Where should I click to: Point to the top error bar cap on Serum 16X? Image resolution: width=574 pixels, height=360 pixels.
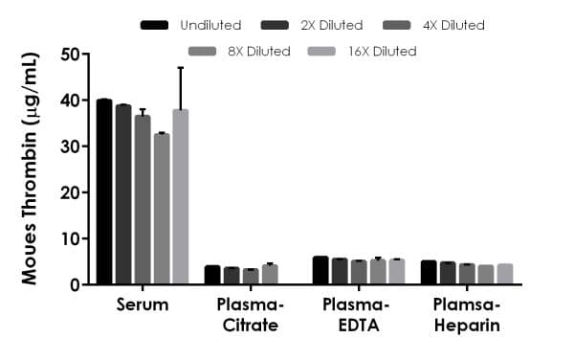[180, 68]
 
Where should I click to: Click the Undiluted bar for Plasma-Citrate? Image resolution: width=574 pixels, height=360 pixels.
[212, 275]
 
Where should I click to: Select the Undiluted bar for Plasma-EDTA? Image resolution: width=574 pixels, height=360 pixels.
[320, 270]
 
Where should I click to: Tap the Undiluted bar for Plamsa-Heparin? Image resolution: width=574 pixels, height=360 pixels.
[429, 272]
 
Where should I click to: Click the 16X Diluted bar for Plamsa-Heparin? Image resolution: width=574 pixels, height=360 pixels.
[504, 274]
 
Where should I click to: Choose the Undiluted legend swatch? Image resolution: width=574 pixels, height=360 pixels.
[154, 25]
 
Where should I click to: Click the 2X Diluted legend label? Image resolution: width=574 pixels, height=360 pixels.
[331, 25]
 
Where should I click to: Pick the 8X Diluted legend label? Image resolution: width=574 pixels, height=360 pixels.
[257, 51]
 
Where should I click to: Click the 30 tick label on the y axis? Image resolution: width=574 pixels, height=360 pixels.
[71, 146]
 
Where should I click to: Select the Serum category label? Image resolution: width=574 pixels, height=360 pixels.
[142, 305]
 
